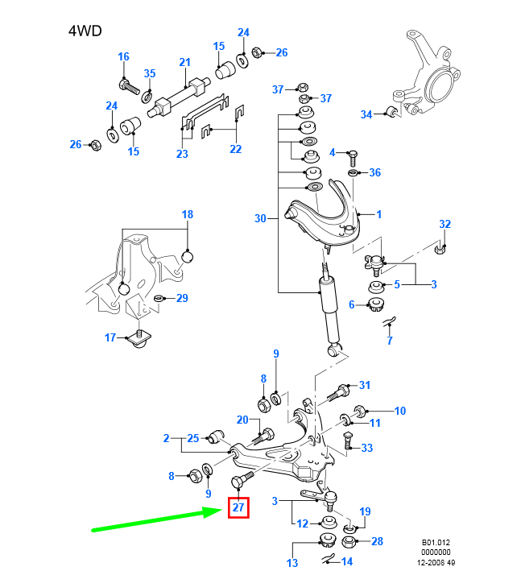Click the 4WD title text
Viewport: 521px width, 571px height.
click(x=85, y=31)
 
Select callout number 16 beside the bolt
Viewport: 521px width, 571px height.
click(x=123, y=57)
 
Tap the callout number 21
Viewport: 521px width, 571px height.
click(x=184, y=63)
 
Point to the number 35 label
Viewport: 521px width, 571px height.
click(x=149, y=74)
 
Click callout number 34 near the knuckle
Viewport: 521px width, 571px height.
click(x=366, y=114)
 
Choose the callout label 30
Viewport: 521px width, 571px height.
click(x=259, y=218)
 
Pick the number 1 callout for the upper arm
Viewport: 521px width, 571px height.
click(x=379, y=214)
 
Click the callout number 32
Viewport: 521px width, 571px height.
click(x=445, y=224)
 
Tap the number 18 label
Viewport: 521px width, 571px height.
click(x=187, y=215)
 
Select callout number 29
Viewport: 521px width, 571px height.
click(x=182, y=299)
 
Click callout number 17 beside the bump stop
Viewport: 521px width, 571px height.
click(x=110, y=337)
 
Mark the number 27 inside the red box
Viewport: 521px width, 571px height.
click(x=238, y=507)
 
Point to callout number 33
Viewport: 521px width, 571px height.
click(x=367, y=448)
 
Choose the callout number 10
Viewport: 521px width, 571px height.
click(x=399, y=411)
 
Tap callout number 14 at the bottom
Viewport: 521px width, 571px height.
click(x=347, y=561)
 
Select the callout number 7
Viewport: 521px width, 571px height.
click(x=389, y=341)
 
